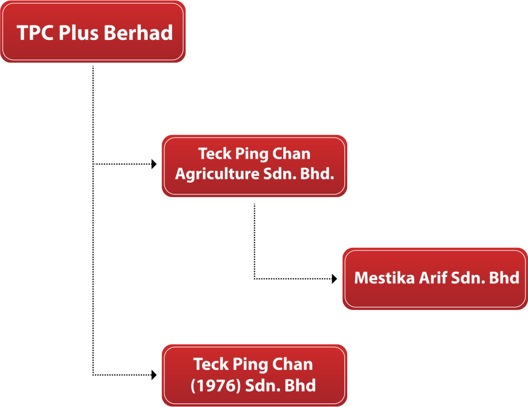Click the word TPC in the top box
[x=35, y=32]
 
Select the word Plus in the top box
[x=78, y=32]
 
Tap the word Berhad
[x=138, y=32]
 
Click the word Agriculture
[x=217, y=174]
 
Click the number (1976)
[x=215, y=386]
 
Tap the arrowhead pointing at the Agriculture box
[x=154, y=164]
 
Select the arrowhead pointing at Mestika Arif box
[x=334, y=279]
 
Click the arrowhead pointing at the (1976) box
[x=154, y=375]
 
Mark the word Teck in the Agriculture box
[x=215, y=154]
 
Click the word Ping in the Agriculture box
[x=252, y=154]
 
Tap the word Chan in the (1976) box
[x=292, y=364]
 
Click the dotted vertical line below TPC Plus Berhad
[x=93, y=221]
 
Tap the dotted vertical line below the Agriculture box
[x=254, y=241]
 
